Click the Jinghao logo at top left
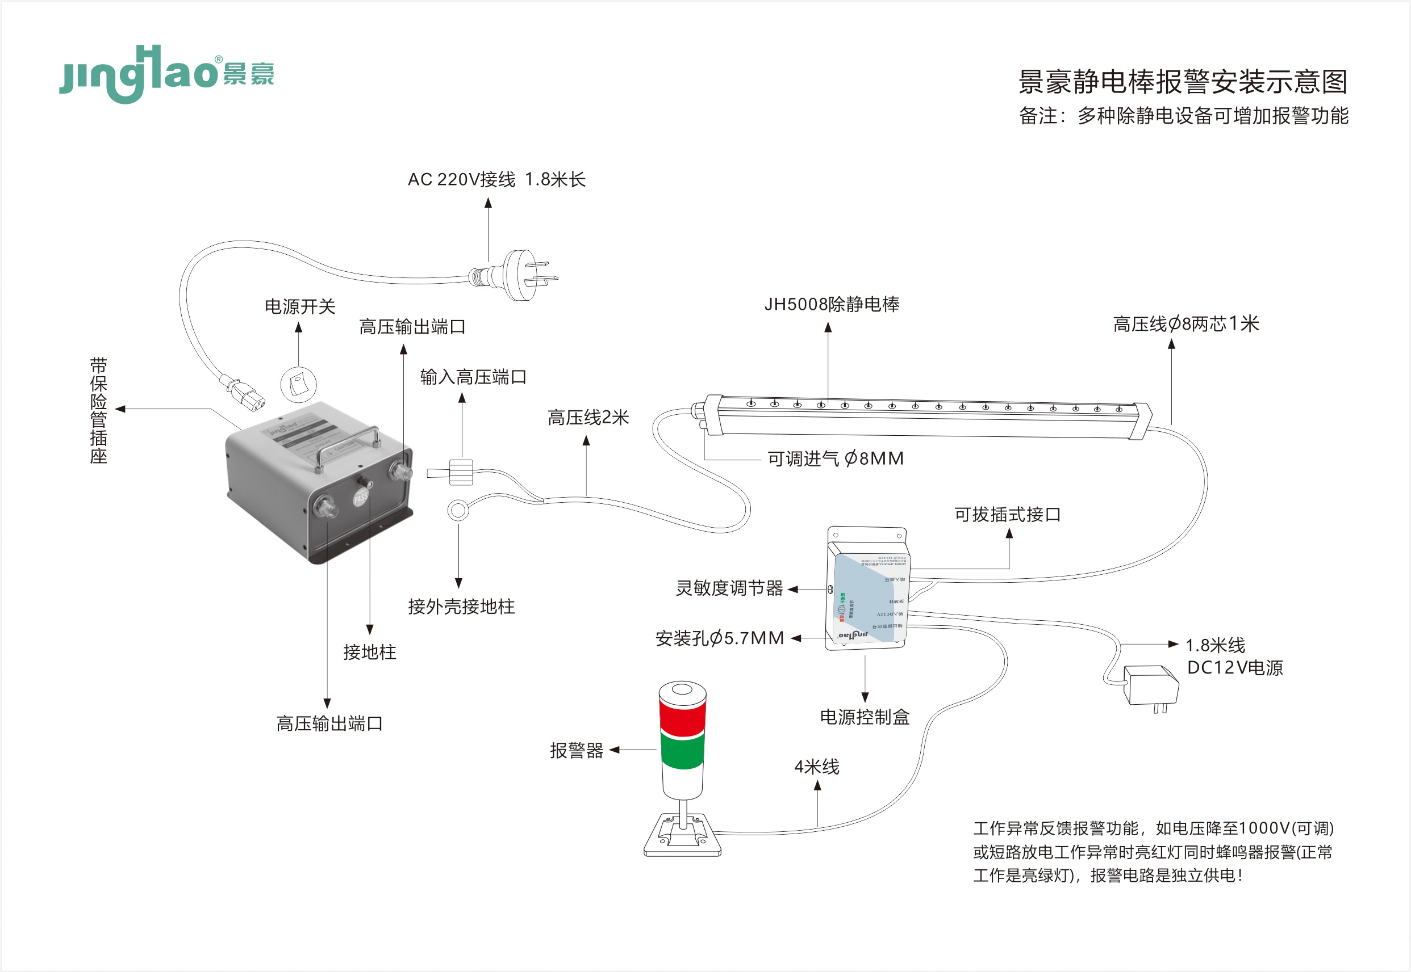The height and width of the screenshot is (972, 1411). pos(166,74)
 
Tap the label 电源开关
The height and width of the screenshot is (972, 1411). pos(299,306)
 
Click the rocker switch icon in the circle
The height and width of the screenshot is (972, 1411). pos(298,384)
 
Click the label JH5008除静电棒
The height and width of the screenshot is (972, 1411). pos(832,304)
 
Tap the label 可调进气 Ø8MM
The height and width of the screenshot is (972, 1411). pos(835,458)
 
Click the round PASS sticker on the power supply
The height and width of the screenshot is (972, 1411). pos(361,497)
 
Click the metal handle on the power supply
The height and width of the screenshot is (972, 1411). pos(348,448)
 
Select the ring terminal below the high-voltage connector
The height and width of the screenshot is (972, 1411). pos(458,510)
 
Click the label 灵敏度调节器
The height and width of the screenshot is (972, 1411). pos(729,588)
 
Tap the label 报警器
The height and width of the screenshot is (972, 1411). pos(576,750)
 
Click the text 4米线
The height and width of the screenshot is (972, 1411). pos(817,767)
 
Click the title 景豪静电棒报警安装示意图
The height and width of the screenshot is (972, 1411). pos(1183,82)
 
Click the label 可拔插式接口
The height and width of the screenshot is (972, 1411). pos(1007,515)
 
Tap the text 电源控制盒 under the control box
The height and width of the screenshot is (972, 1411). pos(865,717)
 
